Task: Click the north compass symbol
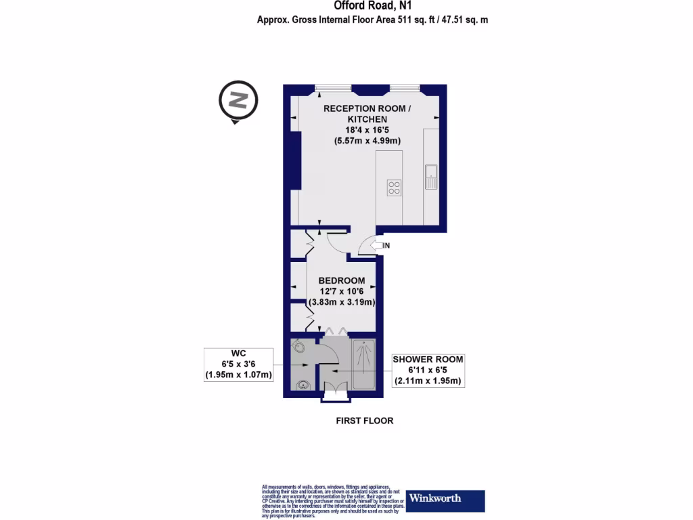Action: [x=238, y=102]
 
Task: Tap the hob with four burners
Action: [x=394, y=188]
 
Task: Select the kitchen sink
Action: [x=430, y=177]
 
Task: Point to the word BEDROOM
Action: [x=342, y=280]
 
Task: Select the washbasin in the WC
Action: [x=304, y=386]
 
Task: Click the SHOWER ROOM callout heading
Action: [x=428, y=360]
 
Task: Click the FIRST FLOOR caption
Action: [x=365, y=420]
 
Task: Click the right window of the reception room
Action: [x=405, y=88]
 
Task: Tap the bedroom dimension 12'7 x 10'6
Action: [x=342, y=291]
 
